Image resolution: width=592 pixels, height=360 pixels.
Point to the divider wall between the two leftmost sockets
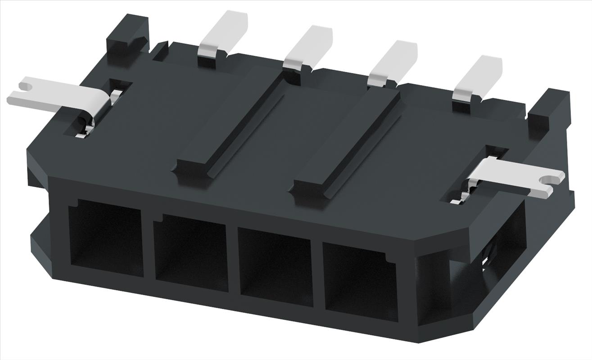coord(148,245)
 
